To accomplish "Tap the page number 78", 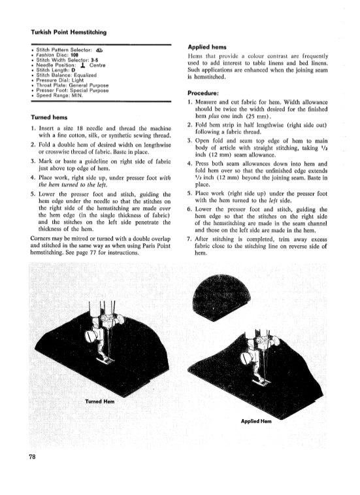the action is (x=31, y=456).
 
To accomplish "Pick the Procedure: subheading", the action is (x=205, y=92).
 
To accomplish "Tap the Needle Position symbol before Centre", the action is (x=82, y=65).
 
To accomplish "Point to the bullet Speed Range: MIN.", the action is (x=59, y=95).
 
